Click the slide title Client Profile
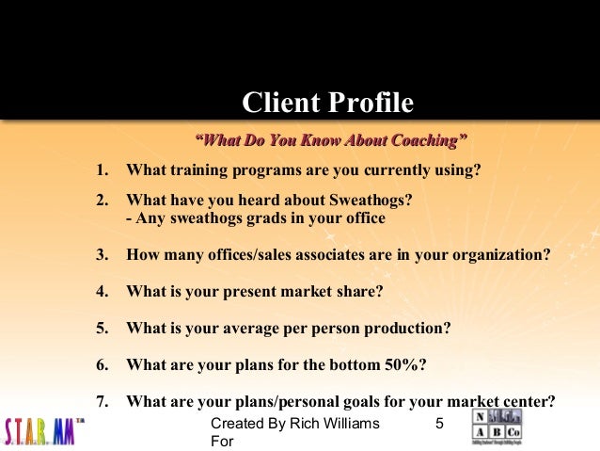click(327, 102)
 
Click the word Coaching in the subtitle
click(419, 141)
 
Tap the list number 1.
click(102, 170)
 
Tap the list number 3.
click(102, 255)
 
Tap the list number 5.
click(102, 329)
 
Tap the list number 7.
click(102, 401)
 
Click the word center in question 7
click(530, 401)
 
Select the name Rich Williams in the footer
click(338, 424)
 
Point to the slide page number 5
click(438, 424)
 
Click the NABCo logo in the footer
click(496, 427)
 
